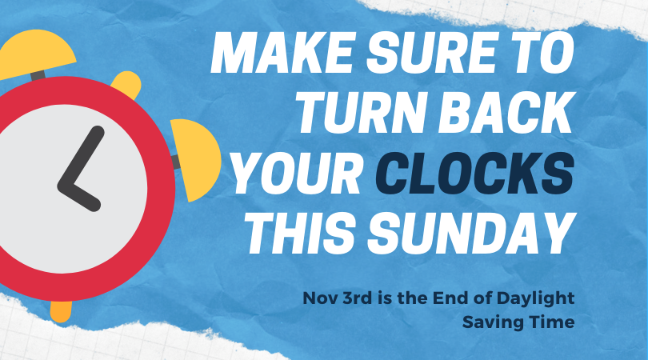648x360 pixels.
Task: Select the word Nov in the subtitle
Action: click(x=319, y=298)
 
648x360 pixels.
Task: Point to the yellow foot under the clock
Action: click(x=61, y=309)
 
